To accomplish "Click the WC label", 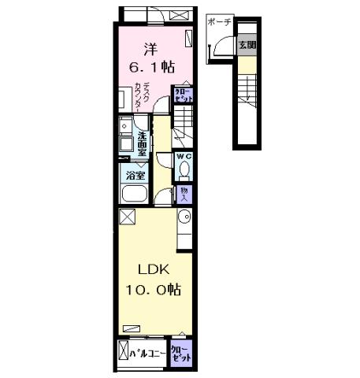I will pos(183,157).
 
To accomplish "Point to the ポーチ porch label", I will pos(220,23).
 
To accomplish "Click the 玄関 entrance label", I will pos(247,45).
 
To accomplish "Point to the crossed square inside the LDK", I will pos(127,218).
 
